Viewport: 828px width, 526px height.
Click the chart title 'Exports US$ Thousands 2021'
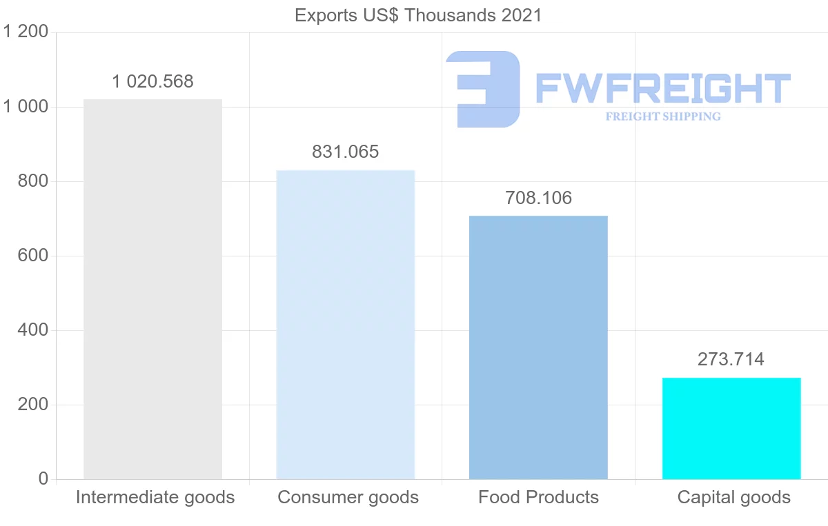(418, 15)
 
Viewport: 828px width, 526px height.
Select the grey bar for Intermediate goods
(152, 290)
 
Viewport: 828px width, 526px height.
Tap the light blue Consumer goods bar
(345, 325)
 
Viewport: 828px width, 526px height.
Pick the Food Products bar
(538, 347)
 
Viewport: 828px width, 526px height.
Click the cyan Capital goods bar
(731, 428)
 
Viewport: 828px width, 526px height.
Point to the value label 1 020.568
(152, 81)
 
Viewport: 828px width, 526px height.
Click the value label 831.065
(345, 152)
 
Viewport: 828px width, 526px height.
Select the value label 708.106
(538, 199)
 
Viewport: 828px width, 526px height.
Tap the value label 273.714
(731, 359)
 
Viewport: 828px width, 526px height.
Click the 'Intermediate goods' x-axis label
(155, 497)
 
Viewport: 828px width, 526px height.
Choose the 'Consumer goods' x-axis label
(348, 497)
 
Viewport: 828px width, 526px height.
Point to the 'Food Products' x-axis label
(538, 497)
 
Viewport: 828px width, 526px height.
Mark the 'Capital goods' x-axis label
(733, 497)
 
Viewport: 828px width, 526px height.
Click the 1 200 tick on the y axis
(26, 32)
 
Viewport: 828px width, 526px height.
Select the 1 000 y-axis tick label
(26, 107)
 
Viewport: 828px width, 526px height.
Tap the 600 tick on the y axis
(32, 256)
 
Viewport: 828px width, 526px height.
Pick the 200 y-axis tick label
(32, 405)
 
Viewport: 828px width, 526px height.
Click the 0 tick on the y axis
(43, 479)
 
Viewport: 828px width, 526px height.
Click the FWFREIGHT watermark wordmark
(662, 88)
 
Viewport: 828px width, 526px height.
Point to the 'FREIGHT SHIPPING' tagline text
(663, 117)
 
